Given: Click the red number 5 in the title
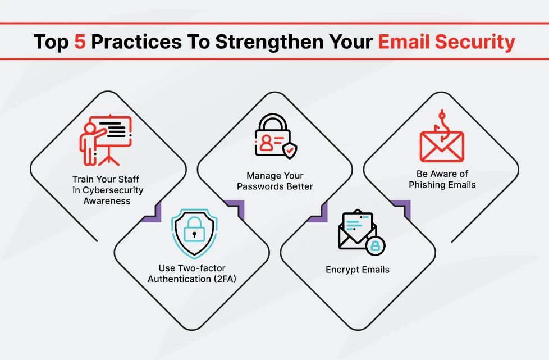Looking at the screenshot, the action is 80,42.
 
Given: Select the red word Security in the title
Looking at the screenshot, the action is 475,42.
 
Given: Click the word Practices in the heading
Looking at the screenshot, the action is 136,42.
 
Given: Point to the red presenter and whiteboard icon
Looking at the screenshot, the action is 106,140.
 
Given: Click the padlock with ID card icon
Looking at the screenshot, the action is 276,136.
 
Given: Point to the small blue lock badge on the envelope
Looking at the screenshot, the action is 376,245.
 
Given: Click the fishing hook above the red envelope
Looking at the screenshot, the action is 442,125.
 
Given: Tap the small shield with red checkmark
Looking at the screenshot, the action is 290,150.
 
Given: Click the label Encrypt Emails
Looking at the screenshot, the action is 358,270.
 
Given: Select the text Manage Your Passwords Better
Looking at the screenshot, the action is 275,181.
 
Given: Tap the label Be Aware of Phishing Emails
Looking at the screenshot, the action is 442,179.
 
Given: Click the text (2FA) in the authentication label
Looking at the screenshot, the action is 225,279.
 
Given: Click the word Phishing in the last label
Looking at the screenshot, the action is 425,185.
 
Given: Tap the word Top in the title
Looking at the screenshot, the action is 51,42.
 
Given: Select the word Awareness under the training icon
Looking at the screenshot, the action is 107,201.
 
